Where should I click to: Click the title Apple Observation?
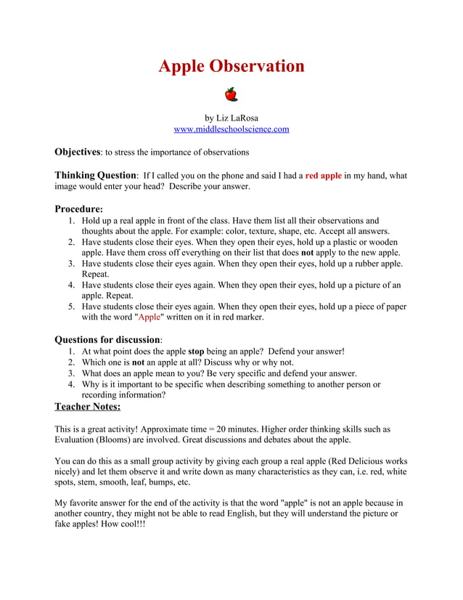(231, 66)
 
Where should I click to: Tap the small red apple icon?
(231, 94)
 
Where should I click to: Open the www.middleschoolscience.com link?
(231, 129)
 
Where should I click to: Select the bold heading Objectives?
(77, 152)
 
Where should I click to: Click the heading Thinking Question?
(95, 175)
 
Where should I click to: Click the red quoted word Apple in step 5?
(149, 317)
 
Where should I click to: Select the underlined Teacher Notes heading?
(88, 407)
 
